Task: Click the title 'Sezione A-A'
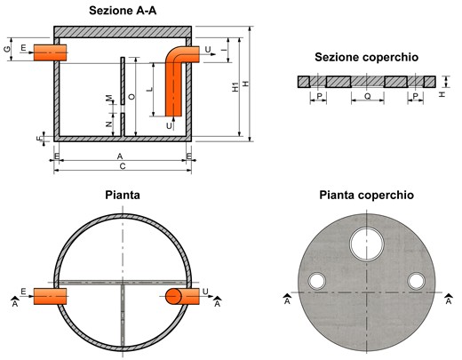tap(123, 11)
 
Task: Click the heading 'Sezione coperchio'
tap(366, 57)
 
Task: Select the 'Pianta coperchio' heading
tap(366, 196)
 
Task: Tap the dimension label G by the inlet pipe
tap(7, 49)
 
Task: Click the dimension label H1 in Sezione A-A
tap(235, 87)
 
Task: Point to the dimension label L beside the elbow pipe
tap(150, 89)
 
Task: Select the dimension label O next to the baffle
tap(131, 97)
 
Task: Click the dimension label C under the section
tap(123, 166)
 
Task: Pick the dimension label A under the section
tap(120, 156)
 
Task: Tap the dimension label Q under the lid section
tap(367, 96)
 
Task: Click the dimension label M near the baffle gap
tap(109, 98)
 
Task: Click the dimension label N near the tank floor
tap(109, 124)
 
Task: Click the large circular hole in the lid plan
tap(367, 244)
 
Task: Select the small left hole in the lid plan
tap(317, 281)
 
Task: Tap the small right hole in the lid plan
tap(416, 281)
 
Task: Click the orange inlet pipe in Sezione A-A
tap(50, 52)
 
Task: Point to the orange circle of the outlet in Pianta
tap(173, 296)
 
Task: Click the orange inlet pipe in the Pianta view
tap(50, 296)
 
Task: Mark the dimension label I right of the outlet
tap(226, 50)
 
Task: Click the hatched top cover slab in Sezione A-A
tap(123, 32)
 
